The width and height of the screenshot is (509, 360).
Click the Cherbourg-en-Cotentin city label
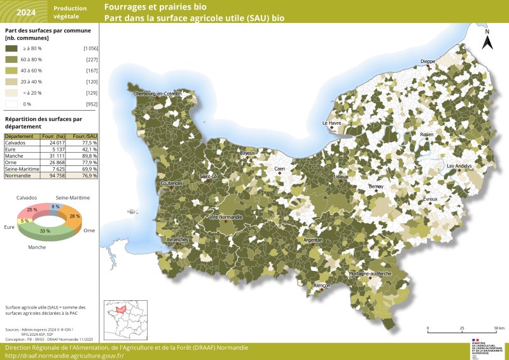[157, 93]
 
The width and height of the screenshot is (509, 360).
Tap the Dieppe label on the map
[428, 62]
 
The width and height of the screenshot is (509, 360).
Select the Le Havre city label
[332, 123]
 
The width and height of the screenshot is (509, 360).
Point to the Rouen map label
[426, 135]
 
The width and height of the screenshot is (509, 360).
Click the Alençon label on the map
[322, 286]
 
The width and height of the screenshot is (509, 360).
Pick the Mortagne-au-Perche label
[370, 273]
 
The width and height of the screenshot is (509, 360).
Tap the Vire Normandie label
[225, 218]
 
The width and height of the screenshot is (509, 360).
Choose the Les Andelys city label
[459, 166]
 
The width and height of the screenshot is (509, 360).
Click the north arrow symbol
[487, 41]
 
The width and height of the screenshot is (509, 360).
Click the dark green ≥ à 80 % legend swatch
[11, 48]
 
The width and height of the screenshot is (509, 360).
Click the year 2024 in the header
[25, 11]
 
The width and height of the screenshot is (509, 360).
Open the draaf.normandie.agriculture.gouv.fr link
[64, 356]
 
